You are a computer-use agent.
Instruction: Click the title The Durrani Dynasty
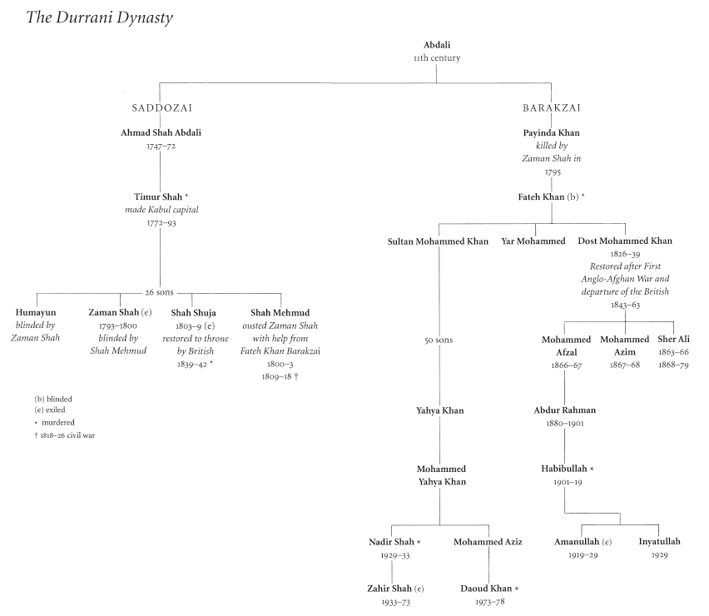pos(101,17)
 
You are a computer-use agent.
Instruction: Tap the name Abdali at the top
pos(437,45)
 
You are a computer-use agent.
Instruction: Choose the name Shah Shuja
pos(193,312)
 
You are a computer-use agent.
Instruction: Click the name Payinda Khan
pos(551,132)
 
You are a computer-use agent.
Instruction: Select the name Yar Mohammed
pos(533,241)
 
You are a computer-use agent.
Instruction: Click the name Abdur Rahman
pos(565,410)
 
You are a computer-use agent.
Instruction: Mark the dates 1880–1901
pos(565,425)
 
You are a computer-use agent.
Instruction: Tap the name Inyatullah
pos(659,542)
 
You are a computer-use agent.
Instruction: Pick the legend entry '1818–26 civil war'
pos(64,435)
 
